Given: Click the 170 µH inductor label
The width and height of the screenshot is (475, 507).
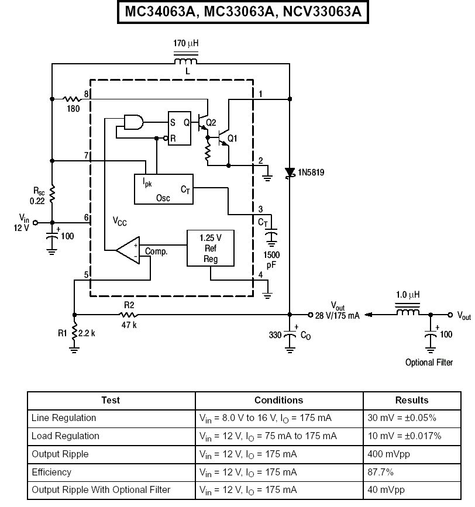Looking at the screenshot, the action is click(185, 43).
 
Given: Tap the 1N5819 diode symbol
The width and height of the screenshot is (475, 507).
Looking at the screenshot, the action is click(290, 173).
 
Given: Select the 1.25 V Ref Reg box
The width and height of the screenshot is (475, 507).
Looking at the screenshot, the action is click(211, 249).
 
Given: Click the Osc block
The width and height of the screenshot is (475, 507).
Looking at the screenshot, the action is click(164, 189).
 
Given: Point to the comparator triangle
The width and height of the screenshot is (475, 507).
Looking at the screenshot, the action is click(128, 250).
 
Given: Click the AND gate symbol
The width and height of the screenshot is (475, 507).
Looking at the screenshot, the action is click(133, 122).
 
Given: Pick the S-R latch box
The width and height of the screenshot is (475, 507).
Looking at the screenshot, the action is click(180, 129).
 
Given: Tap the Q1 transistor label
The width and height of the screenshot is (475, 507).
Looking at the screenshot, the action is click(232, 139).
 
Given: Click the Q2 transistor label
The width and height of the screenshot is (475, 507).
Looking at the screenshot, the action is click(211, 123).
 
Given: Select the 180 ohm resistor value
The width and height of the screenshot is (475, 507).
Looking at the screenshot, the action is click(73, 109).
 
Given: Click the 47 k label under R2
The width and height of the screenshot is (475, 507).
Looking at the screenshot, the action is click(129, 325).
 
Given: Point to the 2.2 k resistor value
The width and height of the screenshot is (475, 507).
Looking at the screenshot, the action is click(87, 333).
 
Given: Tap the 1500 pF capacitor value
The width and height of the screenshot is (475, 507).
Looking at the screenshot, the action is click(271, 260).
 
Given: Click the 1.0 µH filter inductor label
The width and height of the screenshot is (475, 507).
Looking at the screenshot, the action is click(408, 295).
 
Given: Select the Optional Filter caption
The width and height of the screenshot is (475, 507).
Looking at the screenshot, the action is click(429, 363).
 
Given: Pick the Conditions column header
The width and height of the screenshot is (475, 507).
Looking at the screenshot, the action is click(278, 401).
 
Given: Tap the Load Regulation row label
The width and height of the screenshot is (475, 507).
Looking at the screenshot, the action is click(66, 436).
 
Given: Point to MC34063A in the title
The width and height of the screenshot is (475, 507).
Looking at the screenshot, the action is click(160, 12).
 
